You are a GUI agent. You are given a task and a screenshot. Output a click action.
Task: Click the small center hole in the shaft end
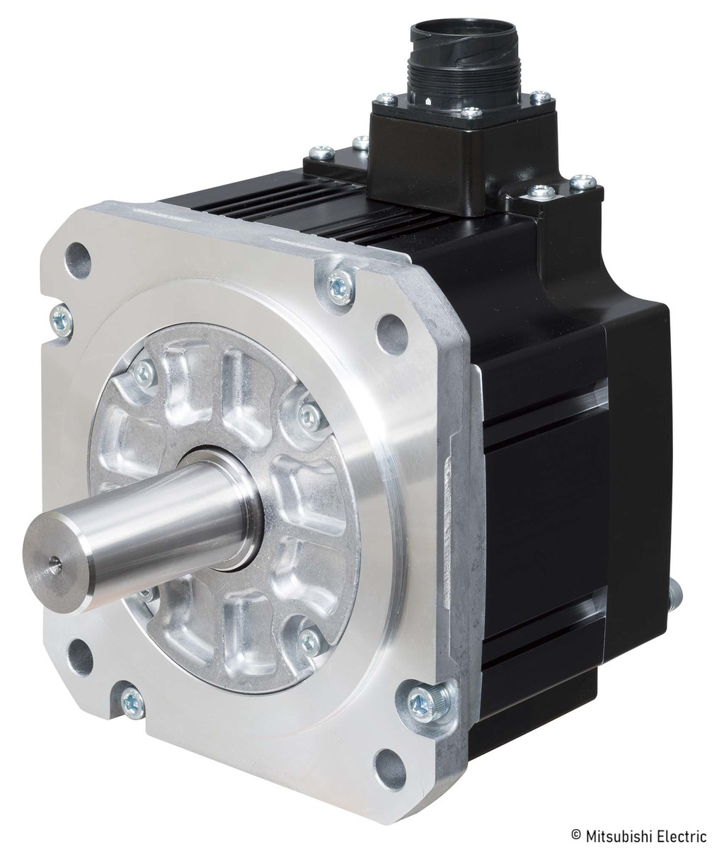click(x=54, y=565)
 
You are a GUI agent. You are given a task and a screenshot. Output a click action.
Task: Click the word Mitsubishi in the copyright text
click(x=616, y=835)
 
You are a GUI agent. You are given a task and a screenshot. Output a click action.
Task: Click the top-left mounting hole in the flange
click(x=78, y=260)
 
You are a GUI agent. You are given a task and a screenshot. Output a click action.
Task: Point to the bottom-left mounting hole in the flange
click(x=80, y=657)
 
